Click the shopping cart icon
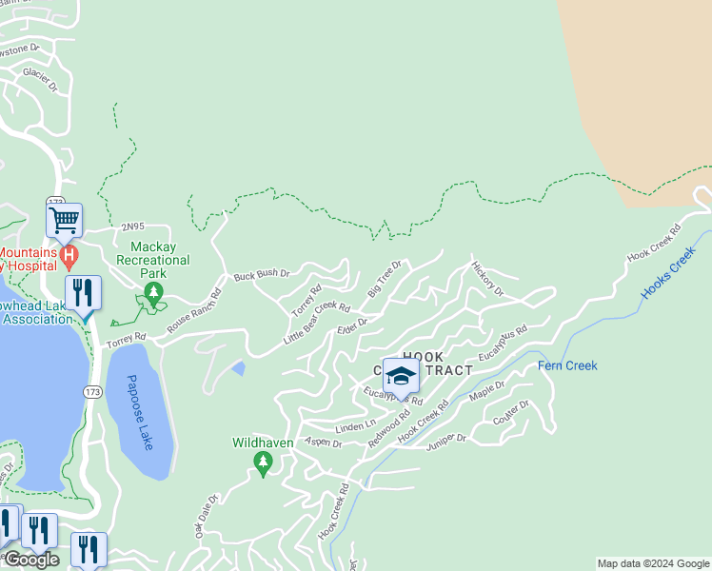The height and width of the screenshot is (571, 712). point(64,220)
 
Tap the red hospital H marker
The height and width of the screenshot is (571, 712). point(68,255)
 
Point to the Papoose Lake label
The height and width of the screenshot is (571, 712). point(139,411)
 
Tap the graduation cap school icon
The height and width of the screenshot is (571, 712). point(401,376)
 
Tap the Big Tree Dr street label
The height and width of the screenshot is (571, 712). point(386,276)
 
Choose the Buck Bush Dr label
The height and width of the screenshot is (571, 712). point(262,275)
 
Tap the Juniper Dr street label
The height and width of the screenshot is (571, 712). point(447,439)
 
